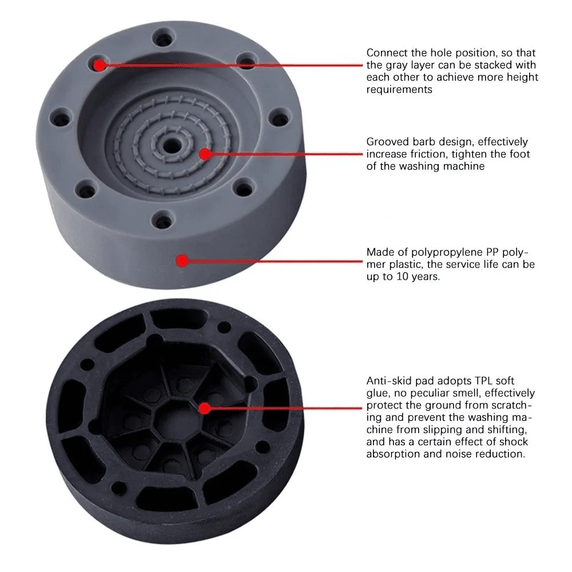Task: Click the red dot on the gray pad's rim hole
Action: (100, 65)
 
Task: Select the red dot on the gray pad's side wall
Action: (182, 261)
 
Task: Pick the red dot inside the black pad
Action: (204, 408)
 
